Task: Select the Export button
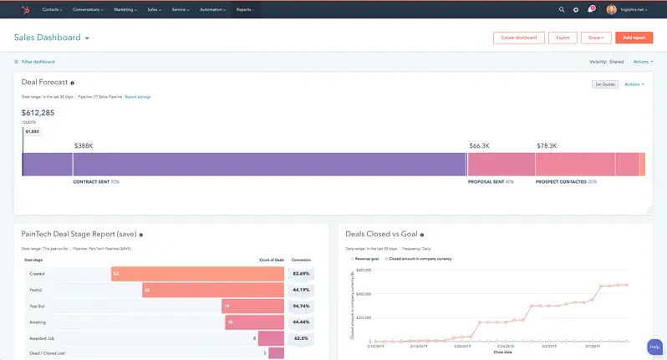click(x=563, y=38)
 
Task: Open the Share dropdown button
click(x=595, y=38)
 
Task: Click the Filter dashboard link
click(x=38, y=62)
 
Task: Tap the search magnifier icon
click(x=562, y=9)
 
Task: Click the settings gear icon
click(x=576, y=9)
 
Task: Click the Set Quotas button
click(x=603, y=84)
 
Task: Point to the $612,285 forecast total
click(x=38, y=113)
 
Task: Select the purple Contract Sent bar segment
click(x=242, y=164)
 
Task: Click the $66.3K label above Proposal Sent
click(x=480, y=145)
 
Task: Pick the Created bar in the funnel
click(x=197, y=273)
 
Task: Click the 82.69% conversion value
click(x=301, y=273)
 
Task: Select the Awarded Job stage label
click(x=43, y=338)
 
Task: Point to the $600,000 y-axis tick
click(x=362, y=270)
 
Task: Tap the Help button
click(x=655, y=347)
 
